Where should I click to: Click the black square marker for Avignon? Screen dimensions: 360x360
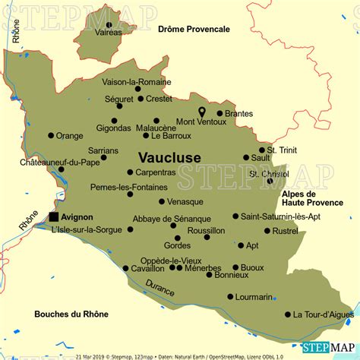tap(55, 216)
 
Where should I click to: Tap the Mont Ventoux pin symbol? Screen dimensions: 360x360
tap(202, 112)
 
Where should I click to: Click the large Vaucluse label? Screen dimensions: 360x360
tap(169, 156)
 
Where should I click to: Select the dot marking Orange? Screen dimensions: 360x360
tap(51, 136)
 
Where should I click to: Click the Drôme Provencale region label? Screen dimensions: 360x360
tap(194, 29)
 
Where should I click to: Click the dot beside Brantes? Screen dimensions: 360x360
tap(219, 113)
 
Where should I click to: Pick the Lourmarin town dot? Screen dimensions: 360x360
tap(230, 297)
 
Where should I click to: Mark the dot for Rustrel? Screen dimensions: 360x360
tap(267, 231)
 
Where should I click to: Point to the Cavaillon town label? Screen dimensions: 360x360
tap(147, 268)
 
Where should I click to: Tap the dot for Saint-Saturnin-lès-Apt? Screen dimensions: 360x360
tap(235, 216)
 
